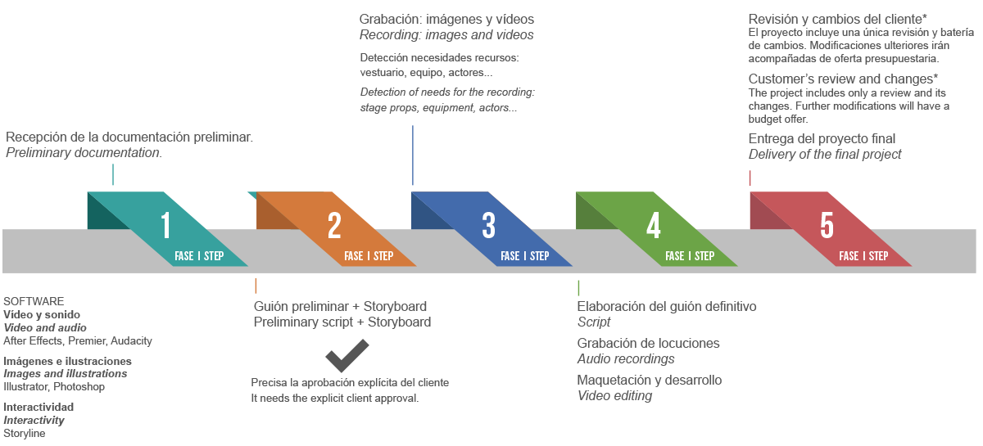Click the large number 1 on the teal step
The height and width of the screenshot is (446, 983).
coord(165,225)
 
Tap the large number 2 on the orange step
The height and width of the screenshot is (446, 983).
coord(334,225)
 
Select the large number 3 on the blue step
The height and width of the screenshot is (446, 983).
coord(489,225)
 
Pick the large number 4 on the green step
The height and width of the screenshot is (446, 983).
coord(654,225)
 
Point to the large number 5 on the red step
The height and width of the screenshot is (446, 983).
coord(827,225)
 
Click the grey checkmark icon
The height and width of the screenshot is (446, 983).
coord(347,355)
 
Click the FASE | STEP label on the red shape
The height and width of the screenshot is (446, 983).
coord(863,256)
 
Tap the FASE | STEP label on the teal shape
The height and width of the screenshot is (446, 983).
coord(199,256)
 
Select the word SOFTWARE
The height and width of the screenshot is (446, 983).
coord(34,301)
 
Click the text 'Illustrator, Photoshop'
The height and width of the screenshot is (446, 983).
coord(54,387)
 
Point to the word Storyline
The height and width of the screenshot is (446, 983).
coord(25,433)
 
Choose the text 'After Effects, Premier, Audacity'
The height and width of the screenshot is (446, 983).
coord(78,340)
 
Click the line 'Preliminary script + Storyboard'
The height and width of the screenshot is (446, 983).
coord(342,322)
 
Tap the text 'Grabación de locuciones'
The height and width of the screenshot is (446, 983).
coord(648,343)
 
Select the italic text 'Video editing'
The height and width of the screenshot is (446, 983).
coord(614,396)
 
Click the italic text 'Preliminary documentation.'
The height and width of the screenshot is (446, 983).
coord(84,152)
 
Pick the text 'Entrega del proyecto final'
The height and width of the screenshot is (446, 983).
coord(822,138)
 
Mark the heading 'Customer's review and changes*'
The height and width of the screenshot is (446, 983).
coord(843,79)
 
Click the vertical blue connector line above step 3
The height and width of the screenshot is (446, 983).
coord(413,155)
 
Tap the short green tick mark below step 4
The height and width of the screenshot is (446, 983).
coord(578,287)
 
